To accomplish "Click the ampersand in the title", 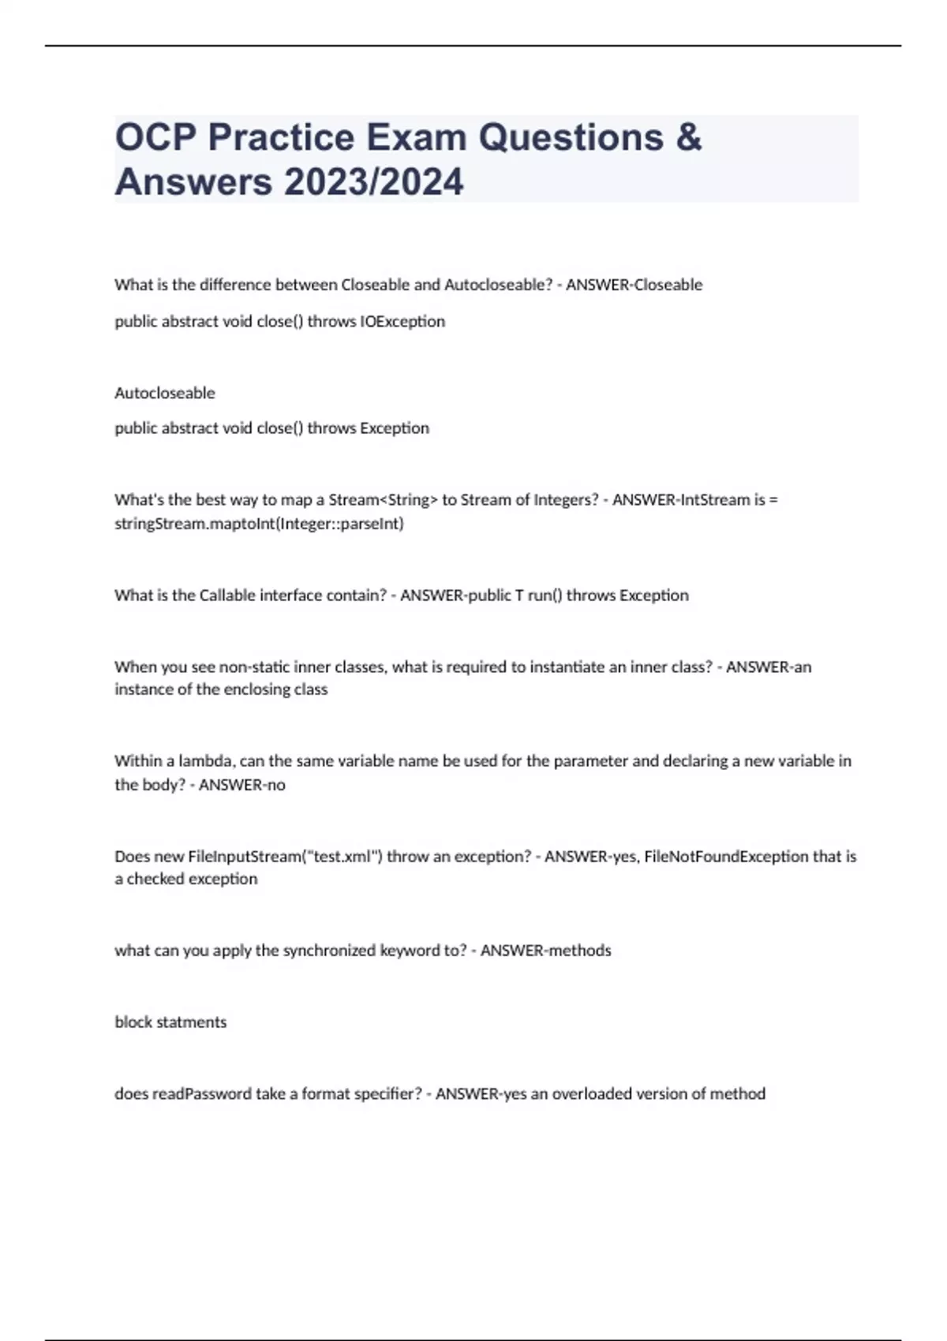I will pos(688,137).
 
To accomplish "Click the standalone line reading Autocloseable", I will pos(165,393).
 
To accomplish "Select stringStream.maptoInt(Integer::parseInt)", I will pos(259,523).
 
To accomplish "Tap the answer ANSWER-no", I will pos(242,785).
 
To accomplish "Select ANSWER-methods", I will pos(546,951).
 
